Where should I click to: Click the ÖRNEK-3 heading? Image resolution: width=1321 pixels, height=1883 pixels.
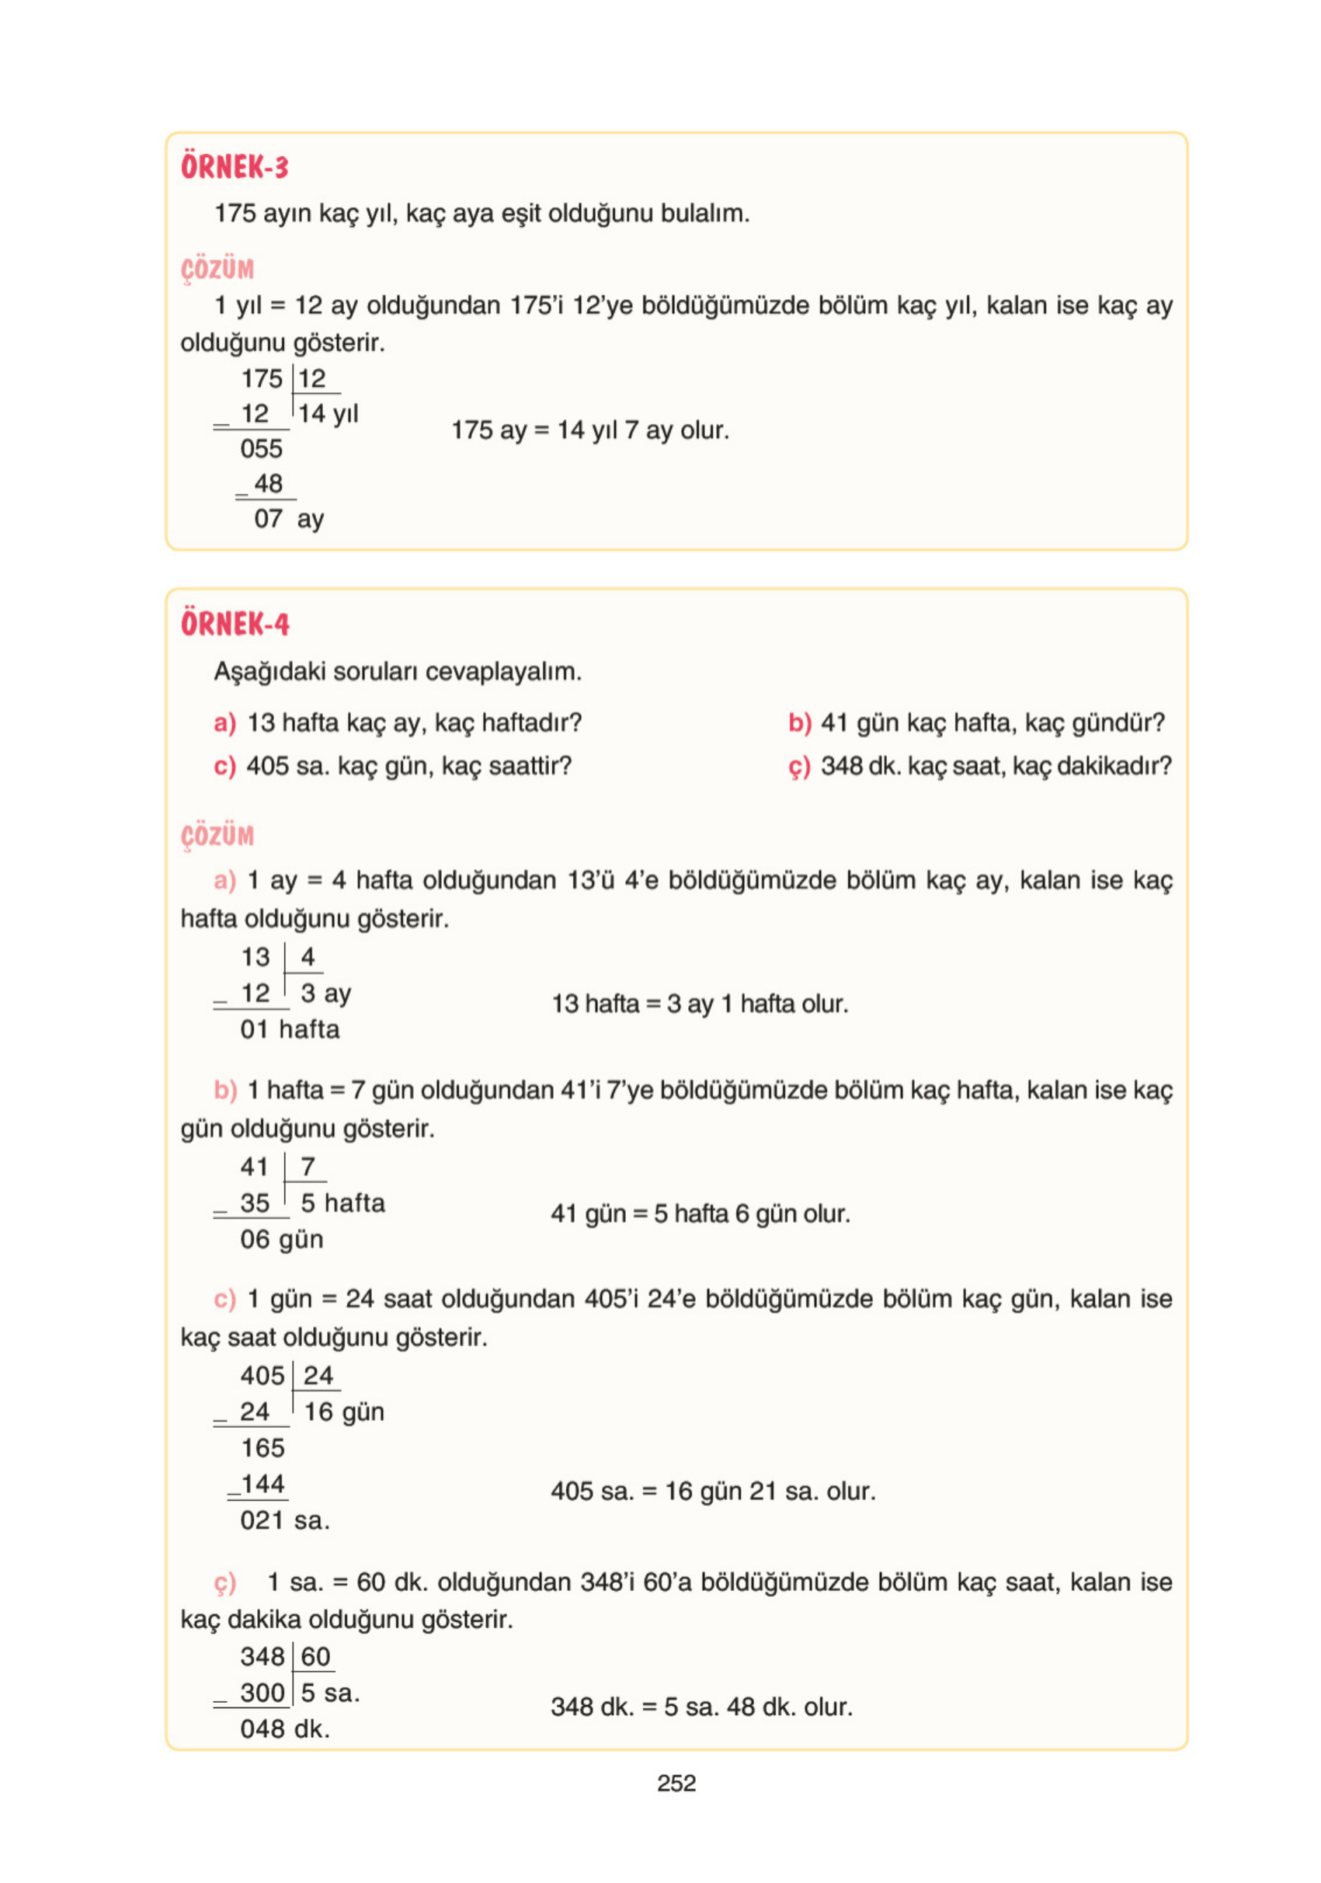pos(235,167)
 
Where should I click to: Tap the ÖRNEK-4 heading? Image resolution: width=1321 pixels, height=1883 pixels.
pos(235,624)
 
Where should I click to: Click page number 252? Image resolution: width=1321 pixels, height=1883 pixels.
pos(676,1783)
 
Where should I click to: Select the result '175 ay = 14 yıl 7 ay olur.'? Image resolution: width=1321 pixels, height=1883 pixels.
pos(589,430)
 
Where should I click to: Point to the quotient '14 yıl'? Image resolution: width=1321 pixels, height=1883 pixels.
pos(328,413)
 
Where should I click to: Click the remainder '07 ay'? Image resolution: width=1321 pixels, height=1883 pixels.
pos(289,518)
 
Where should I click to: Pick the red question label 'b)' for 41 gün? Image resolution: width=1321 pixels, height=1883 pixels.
pos(798,722)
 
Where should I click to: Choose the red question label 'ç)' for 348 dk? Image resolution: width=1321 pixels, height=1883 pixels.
pos(798,766)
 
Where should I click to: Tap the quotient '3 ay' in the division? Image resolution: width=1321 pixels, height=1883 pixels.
pos(325,994)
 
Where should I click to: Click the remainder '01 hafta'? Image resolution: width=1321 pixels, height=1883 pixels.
pos(290,1029)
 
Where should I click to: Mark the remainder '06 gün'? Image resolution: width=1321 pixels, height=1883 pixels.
pos(281,1239)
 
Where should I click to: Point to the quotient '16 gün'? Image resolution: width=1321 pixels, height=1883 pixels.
pos(343,1411)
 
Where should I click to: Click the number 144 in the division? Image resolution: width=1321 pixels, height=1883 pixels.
pos(262,1484)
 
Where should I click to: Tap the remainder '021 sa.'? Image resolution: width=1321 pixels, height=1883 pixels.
pos(284,1520)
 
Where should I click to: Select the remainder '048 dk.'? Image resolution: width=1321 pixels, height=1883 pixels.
pos(284,1729)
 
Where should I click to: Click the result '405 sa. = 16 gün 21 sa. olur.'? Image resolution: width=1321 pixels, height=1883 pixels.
pos(713,1491)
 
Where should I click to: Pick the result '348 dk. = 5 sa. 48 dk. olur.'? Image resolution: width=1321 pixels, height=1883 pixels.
pos(701,1707)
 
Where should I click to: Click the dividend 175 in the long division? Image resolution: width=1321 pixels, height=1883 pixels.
pos(262,379)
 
